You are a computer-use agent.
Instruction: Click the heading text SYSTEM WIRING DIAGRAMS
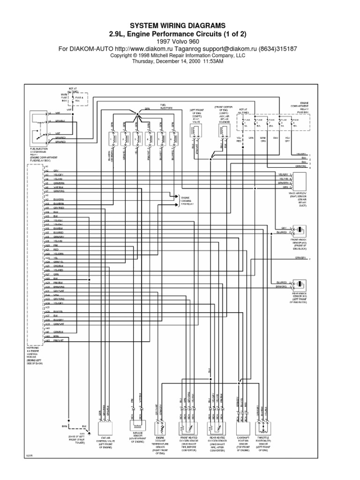click(x=180, y=25)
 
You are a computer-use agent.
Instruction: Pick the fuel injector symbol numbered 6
click(x=174, y=139)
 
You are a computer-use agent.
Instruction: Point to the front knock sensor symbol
click(x=299, y=230)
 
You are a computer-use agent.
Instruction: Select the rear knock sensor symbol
click(x=299, y=285)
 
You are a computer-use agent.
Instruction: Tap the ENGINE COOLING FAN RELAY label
click(x=187, y=201)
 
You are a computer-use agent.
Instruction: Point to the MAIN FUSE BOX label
click(x=64, y=97)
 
